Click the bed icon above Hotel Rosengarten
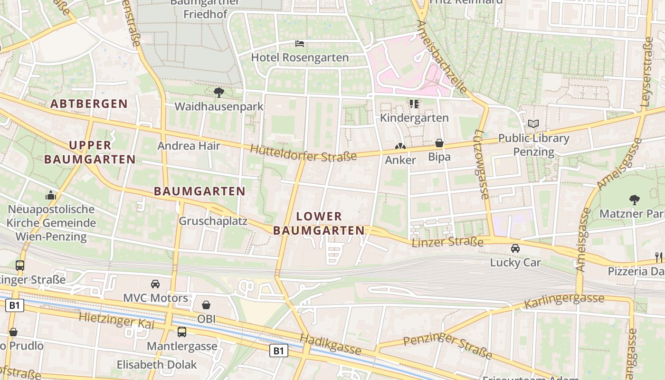(300, 44)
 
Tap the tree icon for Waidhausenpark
(218, 92)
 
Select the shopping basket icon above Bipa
(439, 142)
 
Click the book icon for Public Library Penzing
(533, 124)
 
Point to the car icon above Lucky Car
(515, 248)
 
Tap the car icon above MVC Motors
(155, 284)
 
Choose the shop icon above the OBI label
(206, 305)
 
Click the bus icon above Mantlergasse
(182, 332)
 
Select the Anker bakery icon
(400, 146)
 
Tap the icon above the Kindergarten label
(414, 104)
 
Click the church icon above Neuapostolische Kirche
(51, 195)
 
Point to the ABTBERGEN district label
(89, 104)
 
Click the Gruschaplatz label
(213, 221)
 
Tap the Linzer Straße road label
(447, 242)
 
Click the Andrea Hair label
(189, 146)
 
